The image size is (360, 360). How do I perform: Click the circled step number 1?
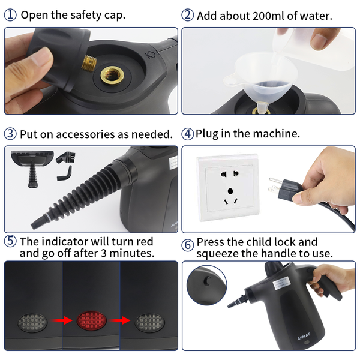click(x=10, y=15)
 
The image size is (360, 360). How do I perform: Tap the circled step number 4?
click(x=188, y=134)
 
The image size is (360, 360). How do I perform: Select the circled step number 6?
click(x=188, y=245)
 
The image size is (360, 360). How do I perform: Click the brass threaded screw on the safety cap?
click(x=89, y=63)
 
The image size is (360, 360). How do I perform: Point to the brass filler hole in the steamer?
click(x=112, y=74)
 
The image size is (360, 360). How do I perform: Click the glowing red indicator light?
click(x=91, y=321)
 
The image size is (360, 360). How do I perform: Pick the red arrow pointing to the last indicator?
click(x=119, y=320)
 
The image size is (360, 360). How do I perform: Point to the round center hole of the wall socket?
click(x=230, y=191)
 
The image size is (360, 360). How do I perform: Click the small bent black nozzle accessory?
click(x=65, y=173)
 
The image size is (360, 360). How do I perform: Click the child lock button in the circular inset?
click(x=208, y=281)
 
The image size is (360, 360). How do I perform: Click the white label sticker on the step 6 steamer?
click(x=282, y=283)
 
